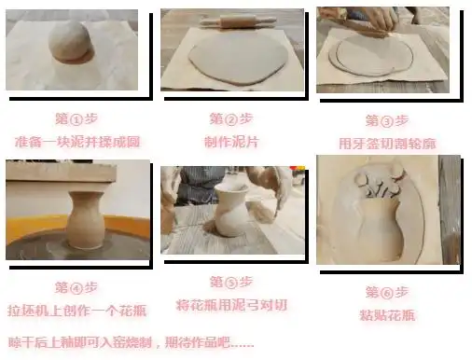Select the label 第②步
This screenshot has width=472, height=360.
[x=227, y=119]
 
